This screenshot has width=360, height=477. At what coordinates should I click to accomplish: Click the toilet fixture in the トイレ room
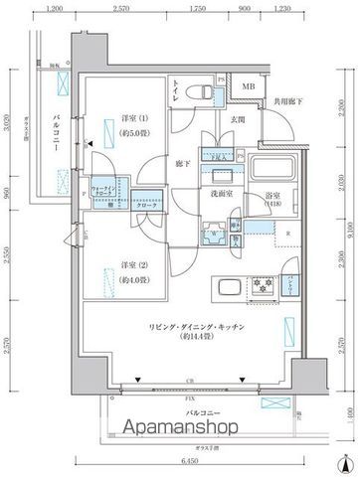(203, 90)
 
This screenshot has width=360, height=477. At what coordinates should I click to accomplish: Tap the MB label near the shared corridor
(248, 86)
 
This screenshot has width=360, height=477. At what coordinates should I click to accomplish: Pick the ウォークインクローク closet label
(106, 189)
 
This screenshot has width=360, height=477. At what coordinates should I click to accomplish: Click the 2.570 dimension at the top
(122, 8)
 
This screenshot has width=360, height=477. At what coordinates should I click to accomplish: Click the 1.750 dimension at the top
(197, 8)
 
